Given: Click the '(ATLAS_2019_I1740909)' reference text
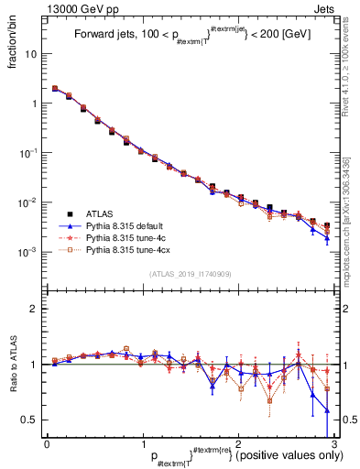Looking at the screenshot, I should click(x=189, y=274).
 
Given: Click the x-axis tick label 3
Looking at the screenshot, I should click(x=333, y=444).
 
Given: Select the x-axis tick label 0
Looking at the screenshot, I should click(x=47, y=444).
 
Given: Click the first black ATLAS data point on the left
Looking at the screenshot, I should click(x=55, y=89).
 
